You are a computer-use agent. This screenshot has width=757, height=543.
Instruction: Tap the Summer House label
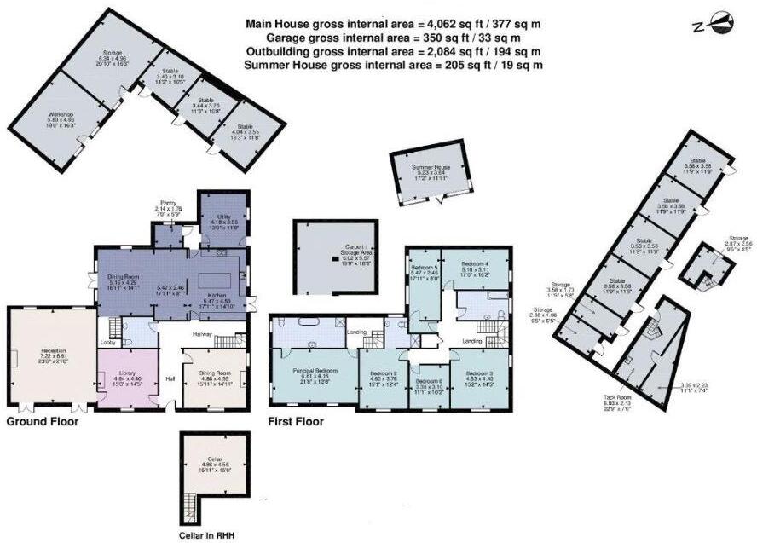[x=431, y=167]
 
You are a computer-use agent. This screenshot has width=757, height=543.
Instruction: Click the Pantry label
[x=169, y=205]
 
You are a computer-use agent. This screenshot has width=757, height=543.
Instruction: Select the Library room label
[x=124, y=373]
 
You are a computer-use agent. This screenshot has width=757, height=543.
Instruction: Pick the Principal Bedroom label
[x=315, y=371]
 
